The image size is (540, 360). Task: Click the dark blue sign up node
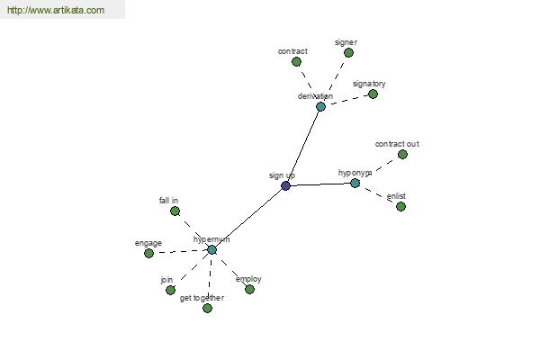click(x=285, y=186)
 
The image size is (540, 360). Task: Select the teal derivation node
click(x=320, y=107)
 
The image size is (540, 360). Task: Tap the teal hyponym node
click(x=355, y=184)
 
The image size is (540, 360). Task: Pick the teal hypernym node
click(x=211, y=250)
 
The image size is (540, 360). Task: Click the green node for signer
click(x=348, y=53)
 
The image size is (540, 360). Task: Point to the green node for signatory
click(x=373, y=94)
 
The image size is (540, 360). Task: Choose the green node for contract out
click(x=402, y=154)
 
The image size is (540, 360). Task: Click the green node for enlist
click(x=400, y=207)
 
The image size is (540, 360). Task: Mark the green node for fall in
click(x=175, y=211)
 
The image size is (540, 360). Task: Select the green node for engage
click(x=148, y=254)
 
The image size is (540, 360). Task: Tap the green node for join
click(x=170, y=291)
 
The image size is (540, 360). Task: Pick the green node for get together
click(x=207, y=309)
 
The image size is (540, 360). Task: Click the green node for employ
click(x=249, y=290)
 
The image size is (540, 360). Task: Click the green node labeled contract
click(x=296, y=62)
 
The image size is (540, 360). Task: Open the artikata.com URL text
click(x=56, y=10)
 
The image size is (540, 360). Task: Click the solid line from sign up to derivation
click(x=303, y=147)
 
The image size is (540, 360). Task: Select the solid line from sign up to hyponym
click(x=320, y=184)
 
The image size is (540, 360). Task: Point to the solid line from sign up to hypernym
click(x=248, y=218)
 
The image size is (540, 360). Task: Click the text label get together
click(x=202, y=298)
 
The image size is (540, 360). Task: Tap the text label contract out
click(x=397, y=144)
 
